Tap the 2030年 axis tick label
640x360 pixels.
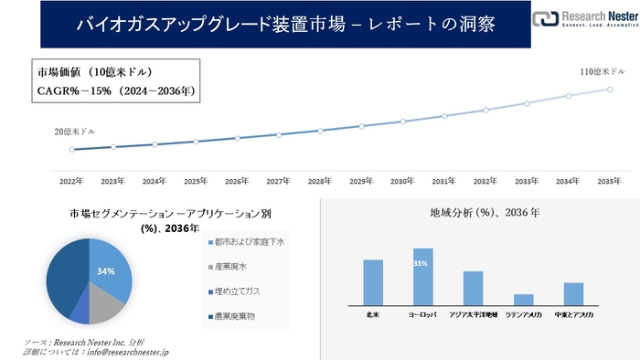point(402,181)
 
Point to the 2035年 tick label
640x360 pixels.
point(609,181)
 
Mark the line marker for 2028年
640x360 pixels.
point(320,131)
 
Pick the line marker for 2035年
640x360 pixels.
point(609,89)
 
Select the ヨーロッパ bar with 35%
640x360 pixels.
point(422,276)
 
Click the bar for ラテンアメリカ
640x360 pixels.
point(523,299)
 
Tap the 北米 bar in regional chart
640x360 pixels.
point(373,281)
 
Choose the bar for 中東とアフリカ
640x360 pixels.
point(573,293)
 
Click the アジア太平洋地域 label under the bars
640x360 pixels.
point(473,314)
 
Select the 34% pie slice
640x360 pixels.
point(108,271)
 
